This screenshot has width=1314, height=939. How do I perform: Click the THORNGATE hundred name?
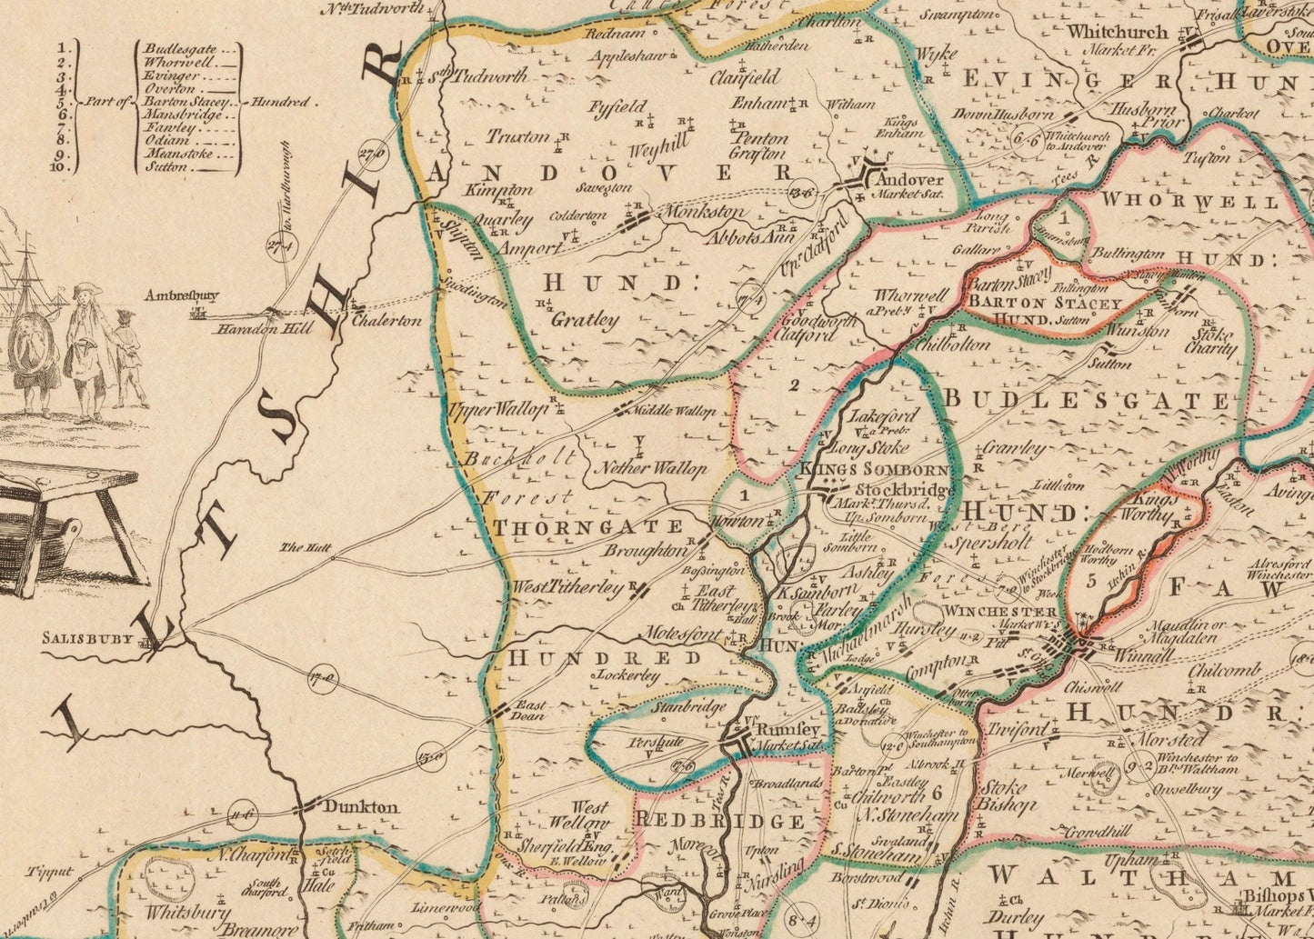tap(587, 527)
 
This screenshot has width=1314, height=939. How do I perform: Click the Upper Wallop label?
tap(498, 409)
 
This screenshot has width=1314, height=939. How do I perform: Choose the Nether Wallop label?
tap(649, 469)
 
